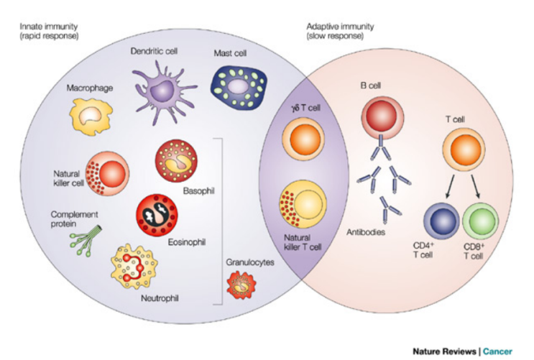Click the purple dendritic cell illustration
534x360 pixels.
point(163,91)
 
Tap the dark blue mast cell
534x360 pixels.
point(239,87)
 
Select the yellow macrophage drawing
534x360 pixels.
point(91,116)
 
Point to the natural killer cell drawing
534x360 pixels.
point(107,173)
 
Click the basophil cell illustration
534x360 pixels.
point(176,160)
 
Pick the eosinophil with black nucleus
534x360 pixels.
point(157,215)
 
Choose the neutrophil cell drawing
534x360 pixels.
point(134,267)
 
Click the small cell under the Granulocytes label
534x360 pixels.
point(241,285)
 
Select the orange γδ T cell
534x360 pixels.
point(303,139)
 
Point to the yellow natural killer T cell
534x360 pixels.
point(303,204)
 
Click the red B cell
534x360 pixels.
point(382,117)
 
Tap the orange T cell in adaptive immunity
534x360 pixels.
point(464,149)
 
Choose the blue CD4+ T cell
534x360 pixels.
point(441,221)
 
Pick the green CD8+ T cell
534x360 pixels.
point(481,221)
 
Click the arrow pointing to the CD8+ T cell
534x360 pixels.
point(476,187)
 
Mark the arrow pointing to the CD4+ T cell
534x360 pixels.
point(450,187)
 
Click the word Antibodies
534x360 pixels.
point(366,232)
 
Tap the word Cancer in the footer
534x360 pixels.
point(497,351)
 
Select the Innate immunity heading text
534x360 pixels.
point(49,27)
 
